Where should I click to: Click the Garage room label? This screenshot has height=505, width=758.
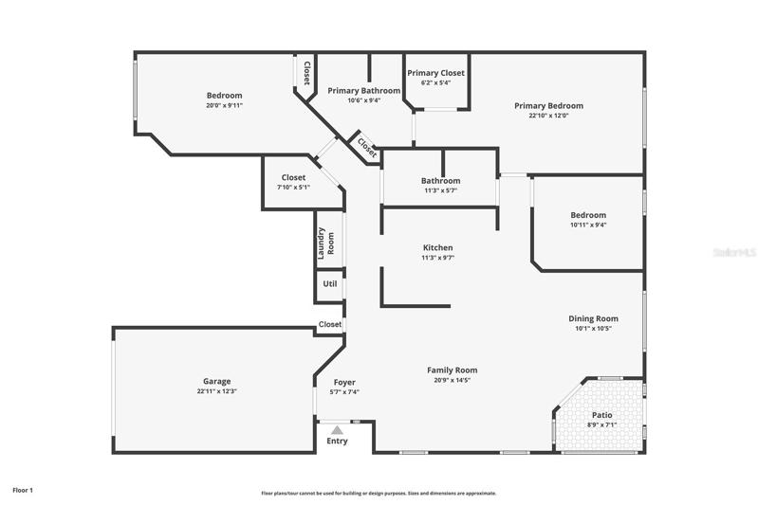pyautogui.click(x=216, y=381)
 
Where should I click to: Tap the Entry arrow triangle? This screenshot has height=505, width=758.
pyautogui.click(x=337, y=430)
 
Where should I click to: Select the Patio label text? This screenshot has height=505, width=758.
pyautogui.click(x=601, y=415)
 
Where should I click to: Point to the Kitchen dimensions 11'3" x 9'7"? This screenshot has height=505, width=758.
pyautogui.click(x=438, y=258)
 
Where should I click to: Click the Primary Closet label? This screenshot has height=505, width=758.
pyautogui.click(x=435, y=73)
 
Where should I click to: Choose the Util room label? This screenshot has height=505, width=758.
pyautogui.click(x=330, y=284)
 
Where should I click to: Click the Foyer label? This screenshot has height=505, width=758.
pyautogui.click(x=344, y=383)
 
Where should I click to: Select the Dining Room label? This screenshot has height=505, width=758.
pyautogui.click(x=593, y=318)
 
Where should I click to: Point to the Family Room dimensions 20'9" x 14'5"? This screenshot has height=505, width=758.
pyautogui.click(x=452, y=381)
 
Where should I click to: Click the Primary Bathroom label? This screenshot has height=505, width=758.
pyautogui.click(x=364, y=91)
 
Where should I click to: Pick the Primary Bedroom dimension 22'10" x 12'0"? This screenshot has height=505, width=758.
pyautogui.click(x=548, y=116)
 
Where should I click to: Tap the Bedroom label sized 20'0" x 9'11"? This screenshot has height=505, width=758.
pyautogui.click(x=224, y=96)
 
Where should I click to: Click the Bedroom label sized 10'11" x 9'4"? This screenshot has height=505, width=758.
pyautogui.click(x=588, y=215)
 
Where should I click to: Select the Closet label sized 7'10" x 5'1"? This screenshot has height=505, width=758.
pyautogui.click(x=293, y=178)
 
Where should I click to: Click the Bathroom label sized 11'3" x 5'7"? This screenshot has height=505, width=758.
pyautogui.click(x=440, y=181)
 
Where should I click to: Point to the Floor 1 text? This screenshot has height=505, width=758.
pyautogui.click(x=23, y=491)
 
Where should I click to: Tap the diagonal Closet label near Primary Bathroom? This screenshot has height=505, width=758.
pyautogui.click(x=366, y=148)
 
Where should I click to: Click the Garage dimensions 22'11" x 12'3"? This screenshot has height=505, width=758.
pyautogui.click(x=216, y=391)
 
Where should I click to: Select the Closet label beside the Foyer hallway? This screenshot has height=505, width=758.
pyautogui.click(x=330, y=324)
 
